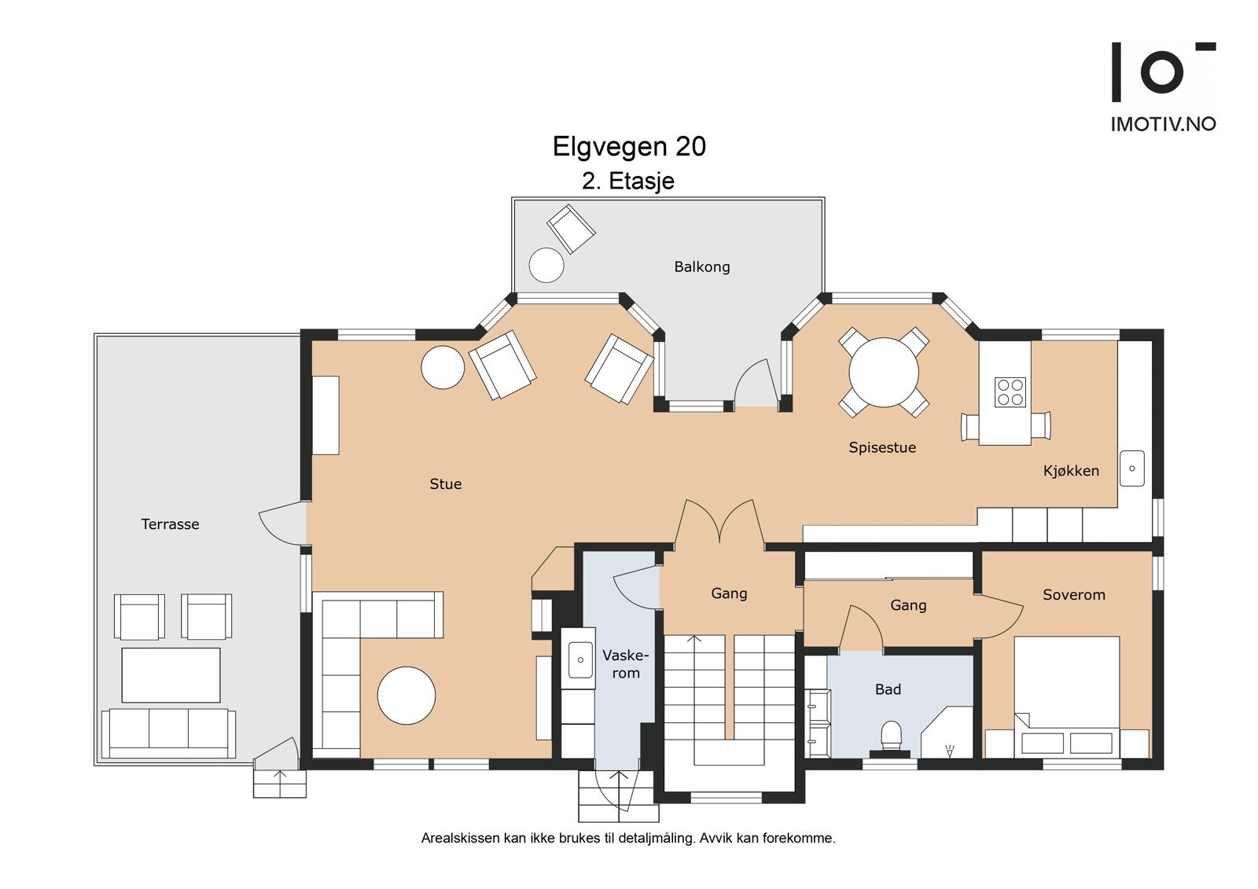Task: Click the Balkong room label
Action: tap(702, 266)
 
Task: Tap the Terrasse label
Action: tap(170, 524)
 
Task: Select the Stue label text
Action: tap(445, 483)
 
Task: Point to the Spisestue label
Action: tap(882, 447)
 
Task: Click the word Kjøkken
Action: tap(1071, 471)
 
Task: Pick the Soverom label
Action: tap(1074, 595)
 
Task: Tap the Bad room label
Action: tap(888, 689)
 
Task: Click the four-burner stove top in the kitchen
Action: tap(1010, 392)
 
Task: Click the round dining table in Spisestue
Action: tap(884, 373)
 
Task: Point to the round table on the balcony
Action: tap(546, 265)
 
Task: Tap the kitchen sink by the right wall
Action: tap(1132, 468)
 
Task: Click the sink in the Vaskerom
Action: tap(580, 659)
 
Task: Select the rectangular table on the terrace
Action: tap(171, 675)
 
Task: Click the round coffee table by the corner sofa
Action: tap(406, 696)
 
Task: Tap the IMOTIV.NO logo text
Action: tap(1163, 124)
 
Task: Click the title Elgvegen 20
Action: tap(629, 146)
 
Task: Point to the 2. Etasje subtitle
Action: tap(628, 181)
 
